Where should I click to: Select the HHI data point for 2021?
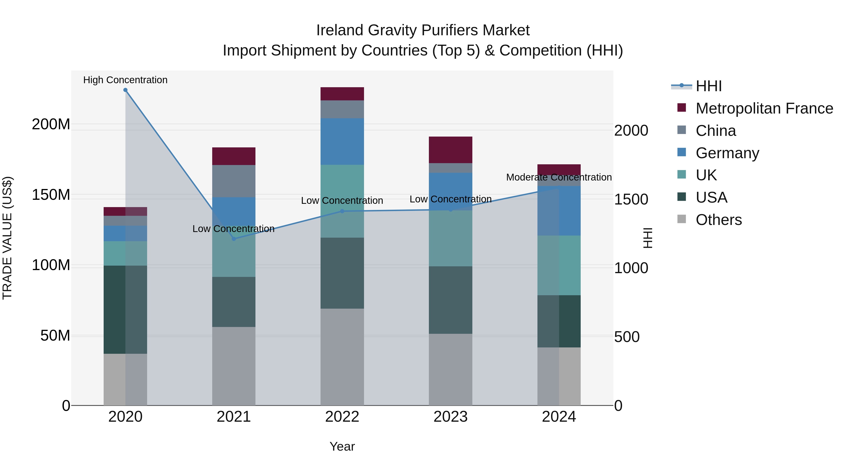[234, 239]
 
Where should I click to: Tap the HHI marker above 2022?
[342, 211]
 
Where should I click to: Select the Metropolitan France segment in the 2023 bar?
[450, 150]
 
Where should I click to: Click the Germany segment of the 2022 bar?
[342, 141]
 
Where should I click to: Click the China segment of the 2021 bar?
[234, 181]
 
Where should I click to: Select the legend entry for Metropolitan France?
[764, 108]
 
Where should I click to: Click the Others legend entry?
[719, 220]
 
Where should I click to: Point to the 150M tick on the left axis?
[51, 195]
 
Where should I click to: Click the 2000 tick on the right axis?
[631, 131]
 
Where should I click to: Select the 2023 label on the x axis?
[450, 417]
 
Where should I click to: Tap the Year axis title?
[342, 446]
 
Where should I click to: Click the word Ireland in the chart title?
[340, 30]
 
